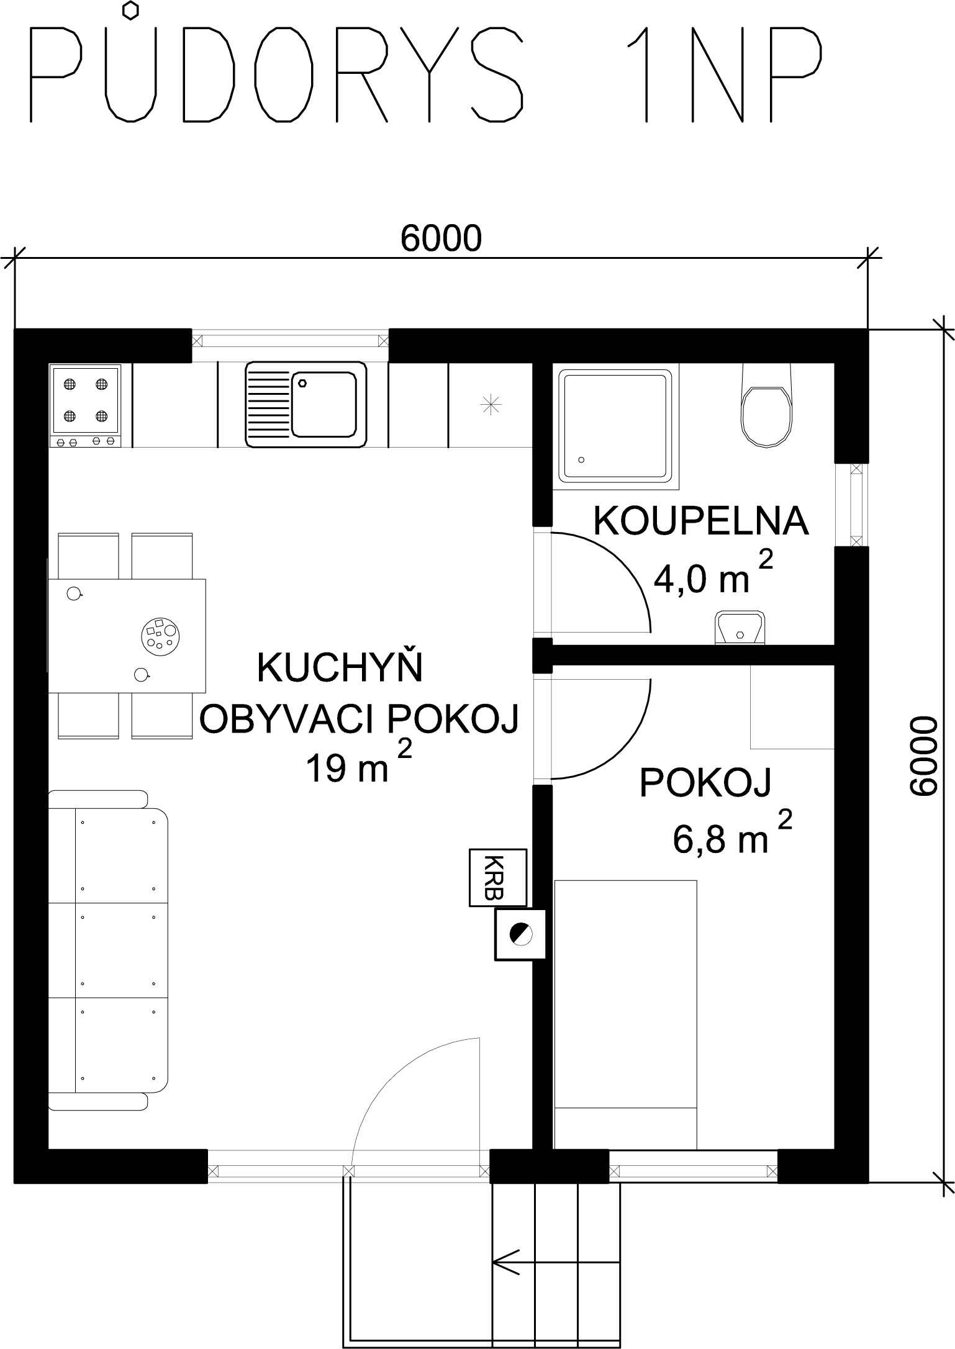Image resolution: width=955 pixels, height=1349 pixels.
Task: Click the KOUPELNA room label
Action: coord(701,521)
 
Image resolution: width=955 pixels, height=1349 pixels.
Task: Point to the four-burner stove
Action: coord(86,405)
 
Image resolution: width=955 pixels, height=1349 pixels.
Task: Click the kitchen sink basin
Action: coord(306,405)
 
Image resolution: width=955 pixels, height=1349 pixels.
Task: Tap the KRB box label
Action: coord(498,877)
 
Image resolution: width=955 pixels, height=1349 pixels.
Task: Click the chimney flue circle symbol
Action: coord(520,934)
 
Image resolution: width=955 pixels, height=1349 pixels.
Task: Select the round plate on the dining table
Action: coord(160,635)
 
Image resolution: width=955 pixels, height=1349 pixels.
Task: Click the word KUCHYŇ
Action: coord(340,668)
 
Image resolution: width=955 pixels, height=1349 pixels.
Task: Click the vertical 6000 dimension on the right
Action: coord(923,756)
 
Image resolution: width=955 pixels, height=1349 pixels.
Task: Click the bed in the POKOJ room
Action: coord(625,1014)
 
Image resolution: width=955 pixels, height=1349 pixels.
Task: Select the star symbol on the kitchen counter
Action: coord(491,405)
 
